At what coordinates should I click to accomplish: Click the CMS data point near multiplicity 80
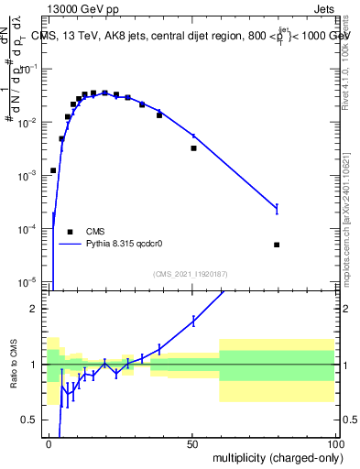(x=277, y=245)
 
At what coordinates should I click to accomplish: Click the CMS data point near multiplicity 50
(x=193, y=147)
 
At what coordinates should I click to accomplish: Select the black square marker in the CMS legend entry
(x=69, y=232)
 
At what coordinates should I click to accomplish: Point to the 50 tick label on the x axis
(x=192, y=443)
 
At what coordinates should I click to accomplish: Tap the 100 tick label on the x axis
(x=334, y=443)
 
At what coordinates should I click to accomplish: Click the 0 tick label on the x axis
(x=49, y=443)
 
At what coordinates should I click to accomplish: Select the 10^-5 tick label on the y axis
(x=29, y=280)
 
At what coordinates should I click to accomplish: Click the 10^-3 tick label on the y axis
(x=29, y=174)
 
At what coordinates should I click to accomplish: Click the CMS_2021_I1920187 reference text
(x=191, y=273)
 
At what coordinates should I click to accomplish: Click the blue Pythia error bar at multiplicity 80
(x=277, y=209)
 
